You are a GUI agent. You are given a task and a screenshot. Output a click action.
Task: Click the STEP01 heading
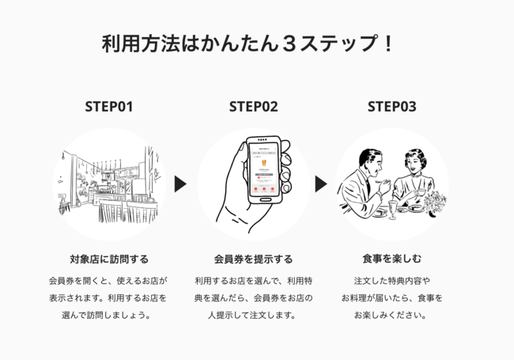point(108,106)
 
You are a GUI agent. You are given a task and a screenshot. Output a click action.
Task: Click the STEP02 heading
point(253,106)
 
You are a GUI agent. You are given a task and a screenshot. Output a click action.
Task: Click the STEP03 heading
point(391,106)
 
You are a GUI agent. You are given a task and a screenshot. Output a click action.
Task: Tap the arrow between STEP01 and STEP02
point(180,184)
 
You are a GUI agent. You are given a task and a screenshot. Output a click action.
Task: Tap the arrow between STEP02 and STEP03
point(320,184)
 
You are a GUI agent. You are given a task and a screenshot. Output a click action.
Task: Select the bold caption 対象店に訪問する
point(108,259)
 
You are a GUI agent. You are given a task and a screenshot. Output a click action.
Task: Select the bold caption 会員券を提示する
point(253,259)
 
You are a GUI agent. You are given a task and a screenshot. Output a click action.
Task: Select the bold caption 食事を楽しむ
point(391,259)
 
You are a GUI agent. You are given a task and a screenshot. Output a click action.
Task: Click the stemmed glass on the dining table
point(393,208)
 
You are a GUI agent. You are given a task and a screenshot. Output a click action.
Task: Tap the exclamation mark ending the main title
point(387,44)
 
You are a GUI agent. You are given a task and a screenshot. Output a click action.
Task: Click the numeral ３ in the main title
point(289,44)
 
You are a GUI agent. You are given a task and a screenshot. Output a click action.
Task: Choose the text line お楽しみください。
point(391,315)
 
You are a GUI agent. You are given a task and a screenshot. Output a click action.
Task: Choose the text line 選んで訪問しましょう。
point(108,315)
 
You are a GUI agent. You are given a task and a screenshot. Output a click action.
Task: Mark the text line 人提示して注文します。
point(253,315)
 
